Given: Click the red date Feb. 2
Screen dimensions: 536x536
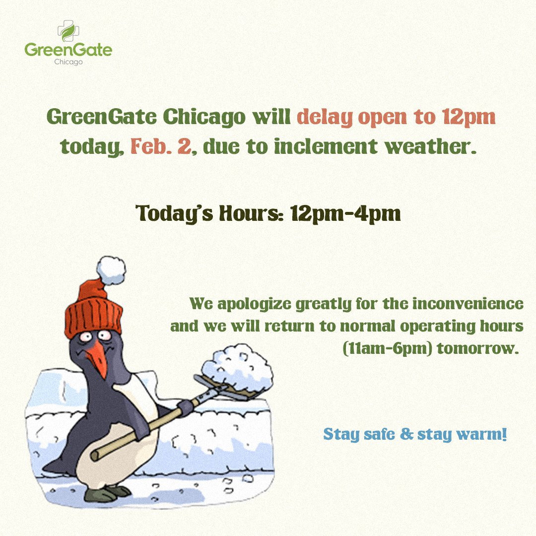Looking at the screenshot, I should point(160,146).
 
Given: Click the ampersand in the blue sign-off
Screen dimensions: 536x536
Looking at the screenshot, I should point(407,435).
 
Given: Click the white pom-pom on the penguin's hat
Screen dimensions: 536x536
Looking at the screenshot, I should point(111,268).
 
